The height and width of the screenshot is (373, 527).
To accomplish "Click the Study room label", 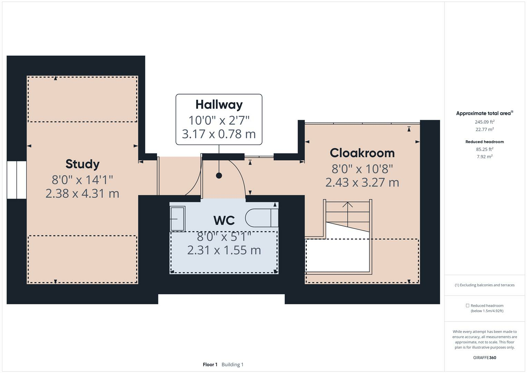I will tap(82, 164).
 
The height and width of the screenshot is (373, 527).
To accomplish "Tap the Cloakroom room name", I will tap(362, 153).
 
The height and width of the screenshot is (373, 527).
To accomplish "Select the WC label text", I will tap(224, 220).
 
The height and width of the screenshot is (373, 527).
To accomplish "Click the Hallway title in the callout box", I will tap(219, 104).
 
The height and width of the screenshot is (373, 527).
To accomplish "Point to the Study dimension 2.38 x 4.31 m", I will tap(82, 193).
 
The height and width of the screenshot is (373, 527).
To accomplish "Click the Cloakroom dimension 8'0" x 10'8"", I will tap(362, 169).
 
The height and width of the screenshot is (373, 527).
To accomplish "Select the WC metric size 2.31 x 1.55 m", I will tap(224, 250).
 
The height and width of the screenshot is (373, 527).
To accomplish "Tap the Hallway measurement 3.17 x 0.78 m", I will tap(219, 134).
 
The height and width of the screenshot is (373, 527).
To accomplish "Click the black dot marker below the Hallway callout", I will tap(219, 175).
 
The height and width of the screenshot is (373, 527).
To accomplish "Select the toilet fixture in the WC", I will tap(261, 218).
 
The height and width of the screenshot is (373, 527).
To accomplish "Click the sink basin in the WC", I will tap(177, 218).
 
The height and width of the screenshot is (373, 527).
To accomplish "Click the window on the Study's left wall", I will tap(17, 180).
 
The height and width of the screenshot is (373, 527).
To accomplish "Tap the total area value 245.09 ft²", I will tap(485, 122).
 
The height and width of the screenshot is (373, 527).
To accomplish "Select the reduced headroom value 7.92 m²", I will tap(485, 156).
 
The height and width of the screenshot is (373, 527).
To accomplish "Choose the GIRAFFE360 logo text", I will tap(485, 357).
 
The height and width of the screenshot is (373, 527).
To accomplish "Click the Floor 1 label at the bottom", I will tap(210, 364).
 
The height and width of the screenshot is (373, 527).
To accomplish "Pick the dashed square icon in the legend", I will tap(467, 306).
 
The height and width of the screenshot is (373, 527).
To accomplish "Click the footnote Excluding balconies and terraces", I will tap(485, 285).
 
